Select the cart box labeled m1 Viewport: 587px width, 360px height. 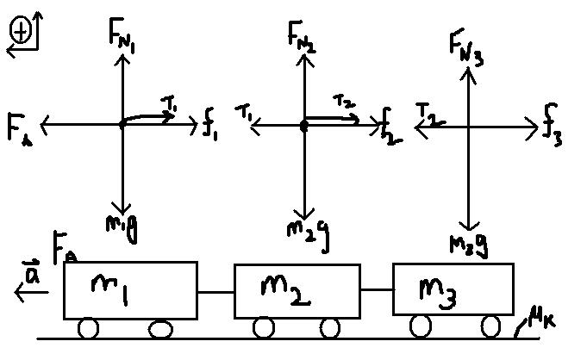pyautogui.click(x=130, y=290)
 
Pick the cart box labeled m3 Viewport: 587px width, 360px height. pyautogui.click(x=454, y=290)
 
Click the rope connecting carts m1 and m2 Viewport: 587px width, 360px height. pyautogui.click(x=215, y=294)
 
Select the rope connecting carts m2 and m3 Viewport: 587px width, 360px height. pyautogui.click(x=375, y=291)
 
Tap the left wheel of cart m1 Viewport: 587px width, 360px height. pyautogui.click(x=89, y=329)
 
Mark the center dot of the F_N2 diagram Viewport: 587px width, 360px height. pyautogui.click(x=303, y=126)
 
